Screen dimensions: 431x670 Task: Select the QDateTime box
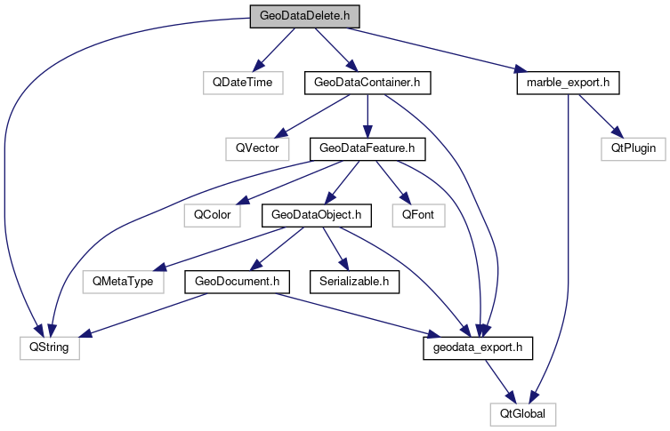[242, 83]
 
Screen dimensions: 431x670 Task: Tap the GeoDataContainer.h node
[367, 83]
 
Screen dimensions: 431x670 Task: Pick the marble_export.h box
[567, 83]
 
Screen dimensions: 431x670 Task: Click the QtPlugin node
[639, 148]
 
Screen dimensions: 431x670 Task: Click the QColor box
[208, 214]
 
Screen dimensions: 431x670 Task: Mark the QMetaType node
[118, 281]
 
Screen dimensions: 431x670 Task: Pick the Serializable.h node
[353, 281]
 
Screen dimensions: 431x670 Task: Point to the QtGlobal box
[522, 413]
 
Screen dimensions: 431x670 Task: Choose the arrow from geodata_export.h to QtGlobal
[499, 379]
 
